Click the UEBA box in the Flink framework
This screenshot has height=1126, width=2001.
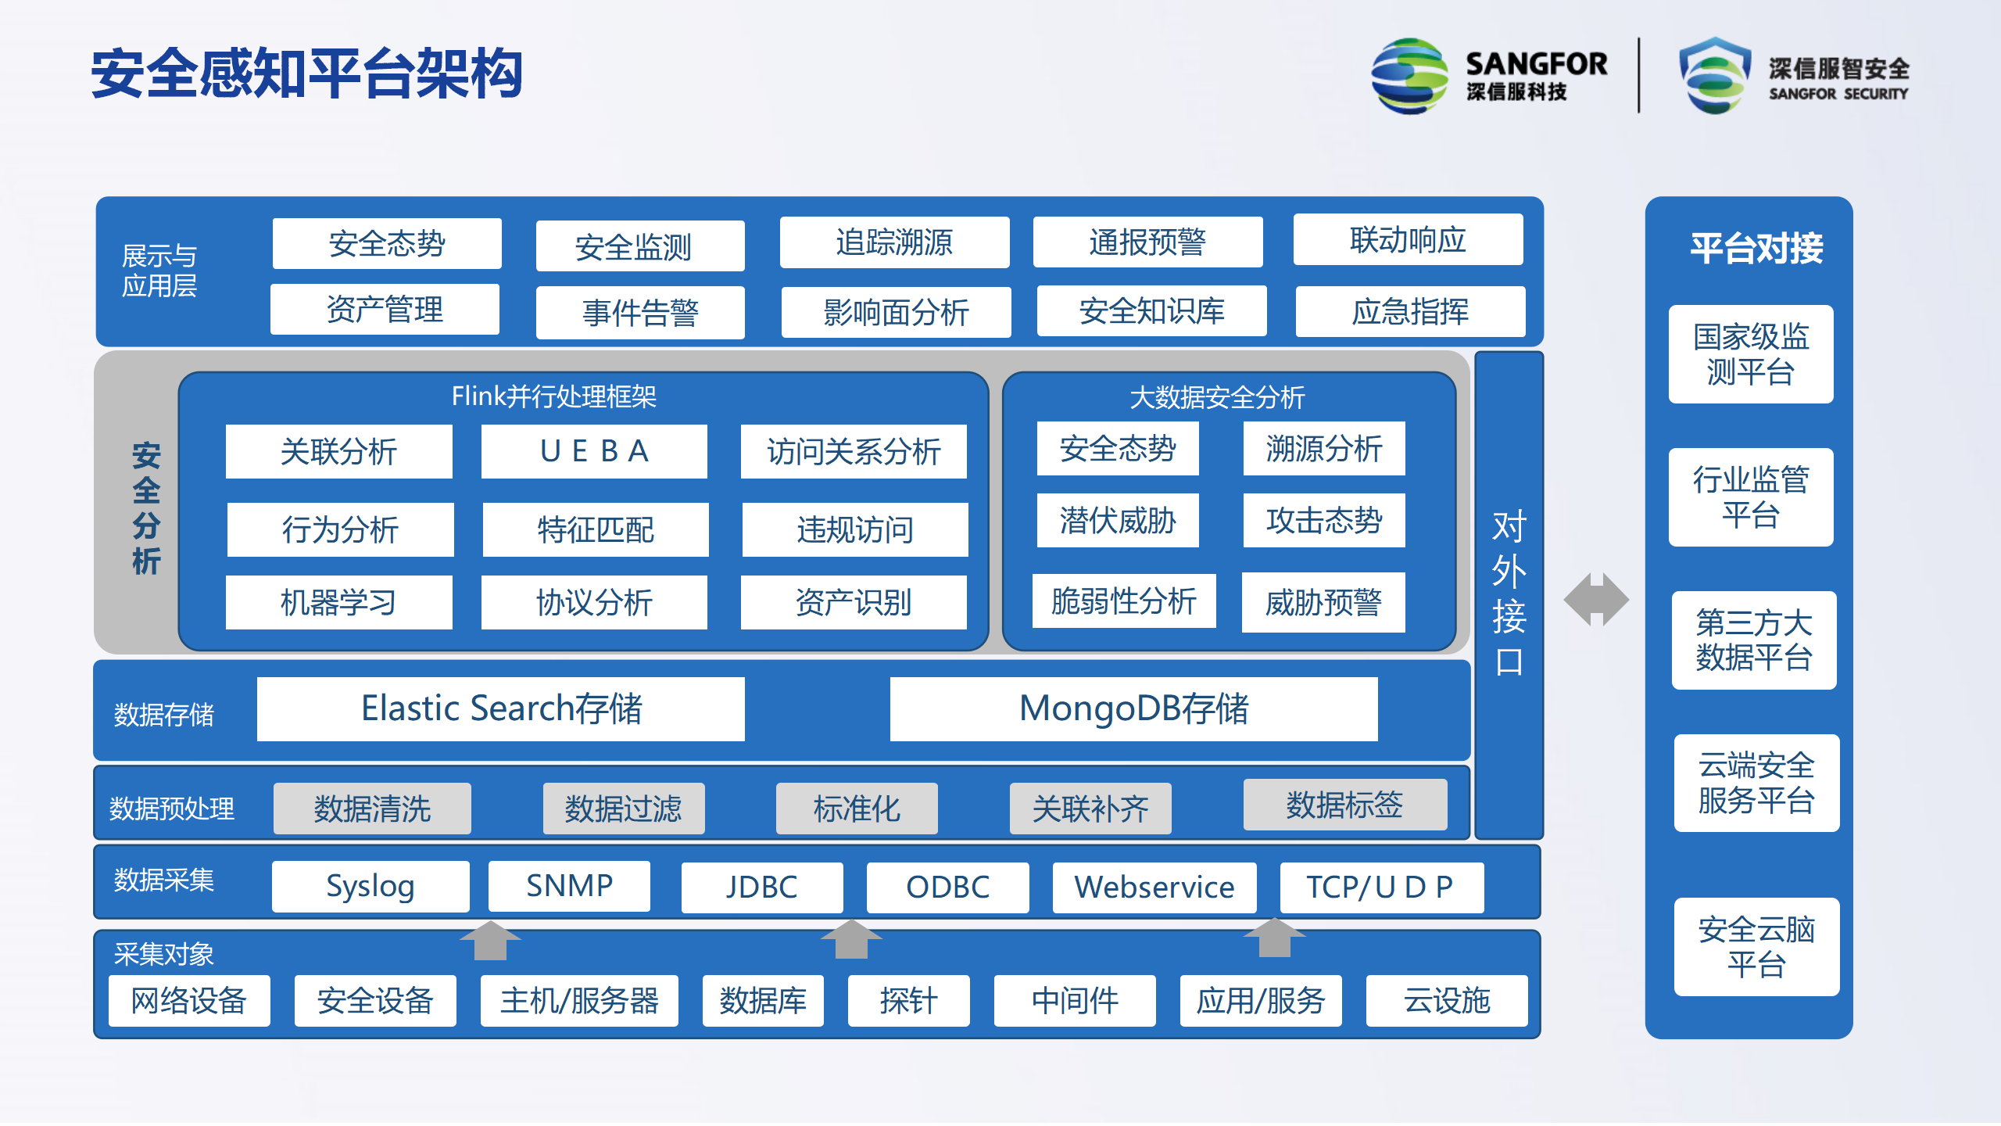[594, 451]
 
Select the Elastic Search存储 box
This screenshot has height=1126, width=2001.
[501, 708]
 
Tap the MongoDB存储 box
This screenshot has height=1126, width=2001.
[1133, 708]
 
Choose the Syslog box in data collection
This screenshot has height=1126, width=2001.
[370, 886]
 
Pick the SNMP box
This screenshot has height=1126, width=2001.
[569, 886]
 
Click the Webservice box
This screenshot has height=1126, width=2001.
[1154, 888]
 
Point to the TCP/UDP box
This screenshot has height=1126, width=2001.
[1382, 888]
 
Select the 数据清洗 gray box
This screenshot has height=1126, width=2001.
[372, 809]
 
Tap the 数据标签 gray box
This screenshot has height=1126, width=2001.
[1345, 805]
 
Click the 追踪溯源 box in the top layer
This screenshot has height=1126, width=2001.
[895, 242]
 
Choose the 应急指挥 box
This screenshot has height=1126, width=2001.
[1411, 311]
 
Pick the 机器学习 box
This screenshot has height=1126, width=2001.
[339, 602]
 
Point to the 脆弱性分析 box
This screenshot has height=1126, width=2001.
[1124, 601]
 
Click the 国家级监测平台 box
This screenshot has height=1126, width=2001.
[1751, 354]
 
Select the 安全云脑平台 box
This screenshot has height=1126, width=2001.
[1756, 947]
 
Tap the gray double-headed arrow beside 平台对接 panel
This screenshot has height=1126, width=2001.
[1596, 600]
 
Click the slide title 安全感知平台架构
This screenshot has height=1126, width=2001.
[306, 74]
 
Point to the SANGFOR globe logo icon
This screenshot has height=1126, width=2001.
[1410, 76]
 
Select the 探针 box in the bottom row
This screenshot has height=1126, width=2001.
[909, 1001]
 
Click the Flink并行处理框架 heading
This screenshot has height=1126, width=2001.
[554, 396]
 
